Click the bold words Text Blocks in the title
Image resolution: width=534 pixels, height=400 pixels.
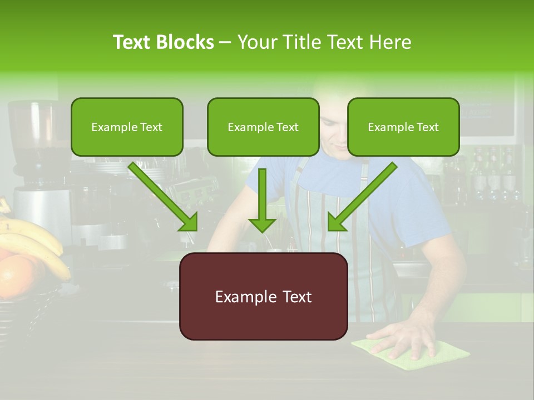tap(164, 42)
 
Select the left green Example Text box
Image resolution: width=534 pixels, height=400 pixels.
tap(127, 127)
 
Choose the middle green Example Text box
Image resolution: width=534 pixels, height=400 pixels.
tap(263, 127)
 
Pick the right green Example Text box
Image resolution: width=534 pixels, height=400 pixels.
tap(403, 127)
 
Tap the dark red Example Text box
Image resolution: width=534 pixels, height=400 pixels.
tap(263, 297)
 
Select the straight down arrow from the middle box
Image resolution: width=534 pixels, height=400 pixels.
tap(262, 200)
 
